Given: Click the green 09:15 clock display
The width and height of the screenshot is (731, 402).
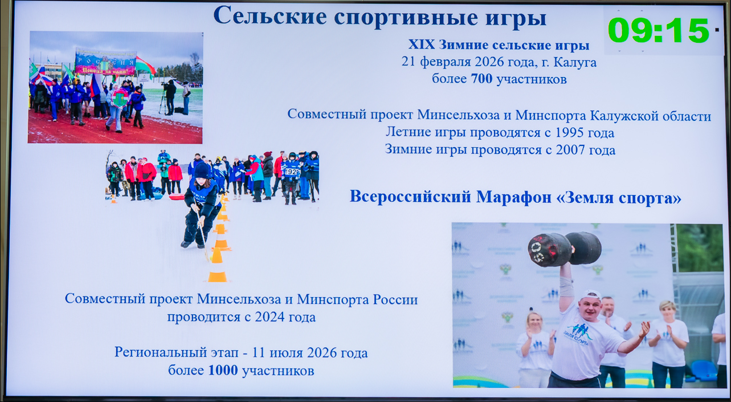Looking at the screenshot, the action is coord(659,31).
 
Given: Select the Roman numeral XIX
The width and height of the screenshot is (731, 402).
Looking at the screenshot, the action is coord(422,44).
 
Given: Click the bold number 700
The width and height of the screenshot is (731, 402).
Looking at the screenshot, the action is coord(481,79).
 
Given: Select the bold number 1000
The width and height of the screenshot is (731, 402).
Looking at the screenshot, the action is coord(223,370).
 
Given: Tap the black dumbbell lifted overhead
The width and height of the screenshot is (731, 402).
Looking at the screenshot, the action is coord(565,249).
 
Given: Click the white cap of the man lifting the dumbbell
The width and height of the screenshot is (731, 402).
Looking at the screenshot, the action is coord(591,295).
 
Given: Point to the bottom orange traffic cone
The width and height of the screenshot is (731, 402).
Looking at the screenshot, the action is coord(217,273).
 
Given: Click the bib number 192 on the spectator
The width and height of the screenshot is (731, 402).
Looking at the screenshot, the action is coord(291,172).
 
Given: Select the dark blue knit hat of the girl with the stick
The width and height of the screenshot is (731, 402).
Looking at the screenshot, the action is coord(202,170).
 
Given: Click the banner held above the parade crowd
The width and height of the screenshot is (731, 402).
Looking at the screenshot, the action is coord(105,62).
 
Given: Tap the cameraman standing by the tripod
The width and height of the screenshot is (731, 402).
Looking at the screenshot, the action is coord(170,97).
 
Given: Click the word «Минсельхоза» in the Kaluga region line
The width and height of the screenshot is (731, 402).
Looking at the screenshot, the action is coord(459,115).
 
